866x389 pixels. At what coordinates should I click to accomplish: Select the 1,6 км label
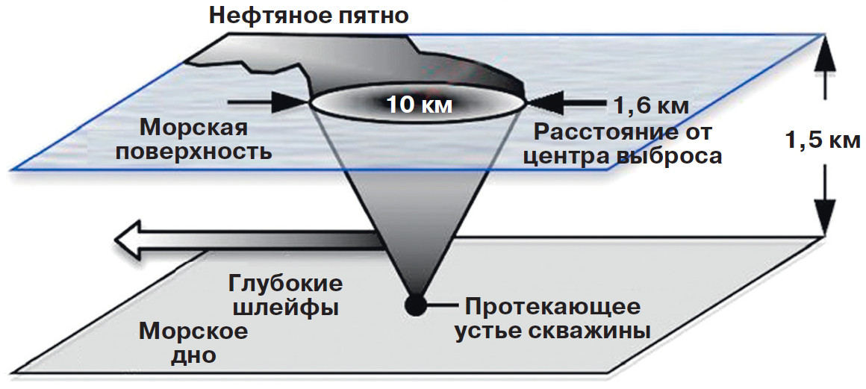pos(651,104)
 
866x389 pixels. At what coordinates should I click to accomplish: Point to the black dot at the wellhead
pos(414,305)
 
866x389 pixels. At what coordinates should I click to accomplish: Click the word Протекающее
pos(552,306)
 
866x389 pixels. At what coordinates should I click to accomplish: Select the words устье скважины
pos(552,330)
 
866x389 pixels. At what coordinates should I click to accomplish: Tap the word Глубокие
pos(284,284)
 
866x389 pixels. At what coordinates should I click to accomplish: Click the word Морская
pos(193,128)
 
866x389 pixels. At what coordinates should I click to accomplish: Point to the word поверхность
pos(203,152)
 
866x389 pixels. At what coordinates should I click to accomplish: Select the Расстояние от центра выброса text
pos(623,145)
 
